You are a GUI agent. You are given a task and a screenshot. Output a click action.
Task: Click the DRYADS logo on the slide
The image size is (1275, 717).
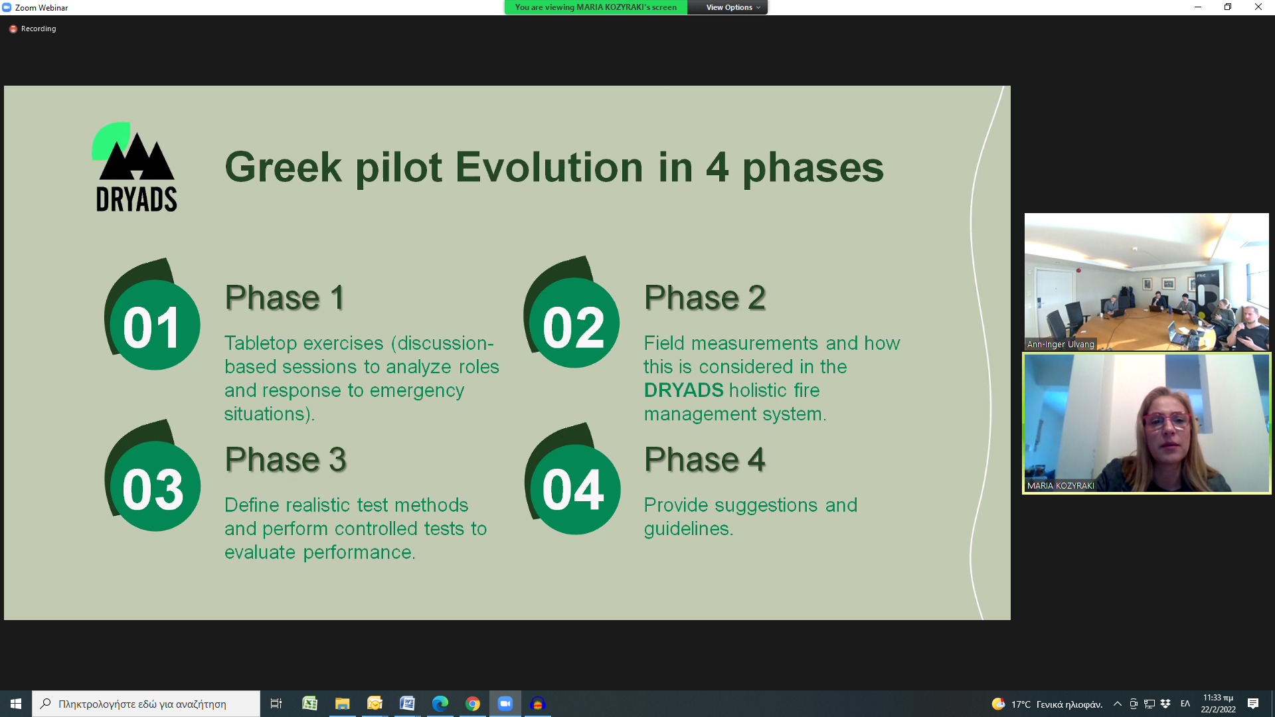coord(135,167)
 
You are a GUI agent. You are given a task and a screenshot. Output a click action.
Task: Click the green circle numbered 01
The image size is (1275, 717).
coord(154,325)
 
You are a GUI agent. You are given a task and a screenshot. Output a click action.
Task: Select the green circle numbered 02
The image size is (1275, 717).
coord(574,323)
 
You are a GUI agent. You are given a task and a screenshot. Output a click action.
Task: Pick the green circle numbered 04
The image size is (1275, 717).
coord(575,489)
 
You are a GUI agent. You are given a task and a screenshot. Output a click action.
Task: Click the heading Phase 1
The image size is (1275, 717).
coord(285,297)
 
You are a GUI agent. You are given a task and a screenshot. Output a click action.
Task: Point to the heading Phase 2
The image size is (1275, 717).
coord(705,297)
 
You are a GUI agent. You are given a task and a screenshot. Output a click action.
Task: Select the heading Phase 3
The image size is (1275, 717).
coord(286,459)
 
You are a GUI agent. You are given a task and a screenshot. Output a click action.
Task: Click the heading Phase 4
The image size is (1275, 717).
coord(705,459)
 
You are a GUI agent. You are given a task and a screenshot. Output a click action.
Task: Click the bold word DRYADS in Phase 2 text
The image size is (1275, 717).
coord(683,390)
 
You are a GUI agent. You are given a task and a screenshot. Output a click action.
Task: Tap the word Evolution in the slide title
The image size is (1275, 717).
coord(549,167)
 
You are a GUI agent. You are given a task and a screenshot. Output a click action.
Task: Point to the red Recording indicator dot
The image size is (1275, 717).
coord(13,29)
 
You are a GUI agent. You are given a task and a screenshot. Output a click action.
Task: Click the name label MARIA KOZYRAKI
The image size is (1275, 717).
coord(1061,486)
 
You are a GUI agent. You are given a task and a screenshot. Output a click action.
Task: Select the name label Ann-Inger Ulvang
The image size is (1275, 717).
coord(1061,345)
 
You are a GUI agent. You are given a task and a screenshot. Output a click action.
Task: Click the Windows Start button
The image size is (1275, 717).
coord(16,704)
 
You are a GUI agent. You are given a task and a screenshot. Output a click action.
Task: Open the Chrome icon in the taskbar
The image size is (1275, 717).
coord(473,704)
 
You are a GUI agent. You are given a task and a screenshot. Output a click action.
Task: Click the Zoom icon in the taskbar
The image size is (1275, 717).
coord(505,704)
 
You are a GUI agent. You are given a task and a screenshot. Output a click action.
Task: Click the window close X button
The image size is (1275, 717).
coord(1258,7)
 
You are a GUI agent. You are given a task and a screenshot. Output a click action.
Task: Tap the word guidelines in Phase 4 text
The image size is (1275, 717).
coord(688,529)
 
